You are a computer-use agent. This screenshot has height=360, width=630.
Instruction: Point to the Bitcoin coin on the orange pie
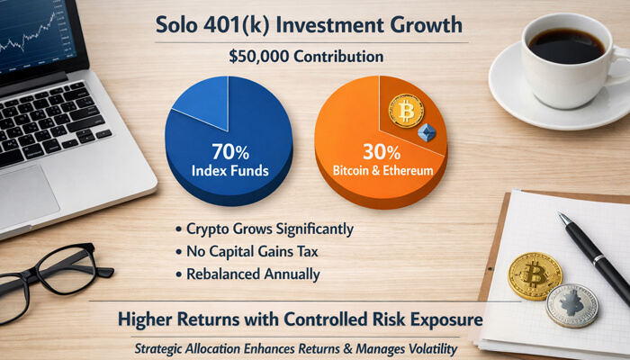[x=406, y=112]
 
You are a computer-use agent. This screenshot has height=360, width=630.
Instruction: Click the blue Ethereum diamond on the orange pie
[x=427, y=133]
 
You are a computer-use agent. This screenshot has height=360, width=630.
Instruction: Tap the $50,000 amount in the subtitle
[x=258, y=57]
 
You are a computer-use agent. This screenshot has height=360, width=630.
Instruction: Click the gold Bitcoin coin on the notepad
[x=535, y=275]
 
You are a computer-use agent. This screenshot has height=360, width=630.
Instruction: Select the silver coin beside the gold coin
[x=571, y=305]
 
